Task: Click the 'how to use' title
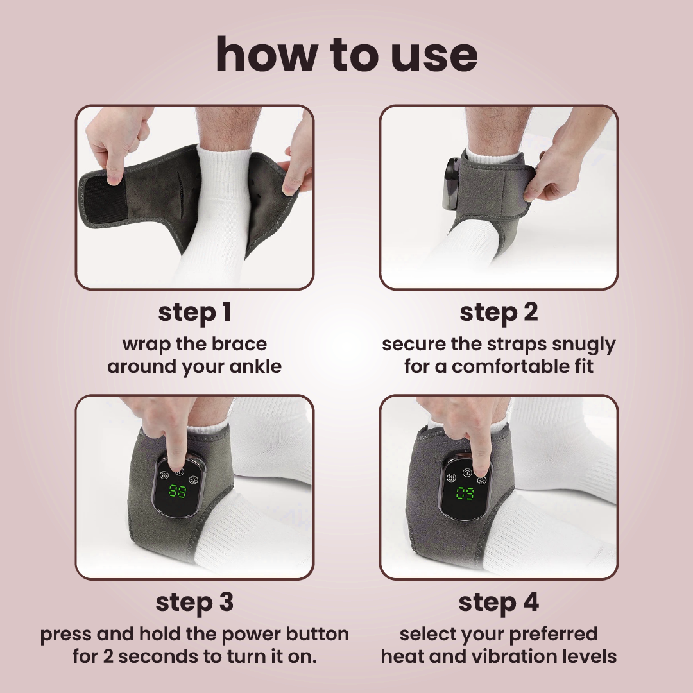pyautogui.click(x=346, y=55)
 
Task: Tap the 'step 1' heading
pyautogui.click(x=194, y=312)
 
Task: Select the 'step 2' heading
pyautogui.click(x=499, y=312)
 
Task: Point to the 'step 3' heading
pyautogui.click(x=194, y=603)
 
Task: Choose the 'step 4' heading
pyautogui.click(x=499, y=603)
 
